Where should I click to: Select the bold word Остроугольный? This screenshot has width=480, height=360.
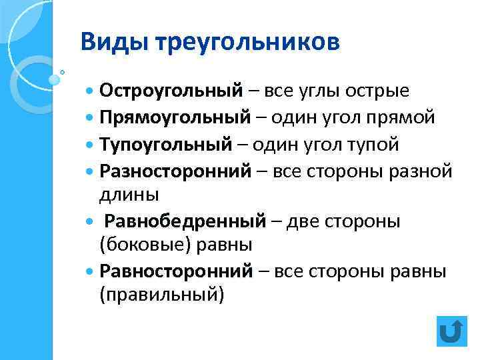coord(170,90)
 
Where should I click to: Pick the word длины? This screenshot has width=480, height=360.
coord(129,195)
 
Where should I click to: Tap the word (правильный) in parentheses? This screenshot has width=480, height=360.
coord(162,295)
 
